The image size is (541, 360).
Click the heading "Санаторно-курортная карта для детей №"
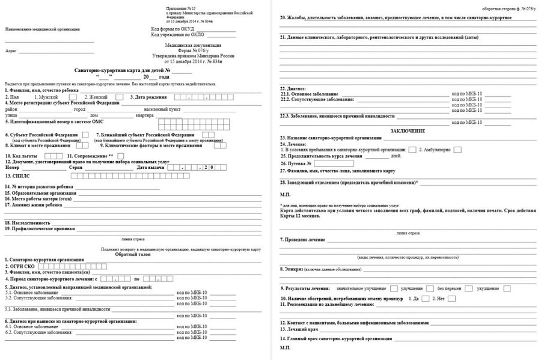(123, 71)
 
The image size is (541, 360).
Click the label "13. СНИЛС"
(17, 176)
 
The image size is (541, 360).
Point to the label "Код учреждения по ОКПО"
(176, 35)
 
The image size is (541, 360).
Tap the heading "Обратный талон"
(130, 254)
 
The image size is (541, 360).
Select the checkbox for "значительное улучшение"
(394, 288)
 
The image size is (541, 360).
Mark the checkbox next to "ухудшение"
(507, 288)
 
